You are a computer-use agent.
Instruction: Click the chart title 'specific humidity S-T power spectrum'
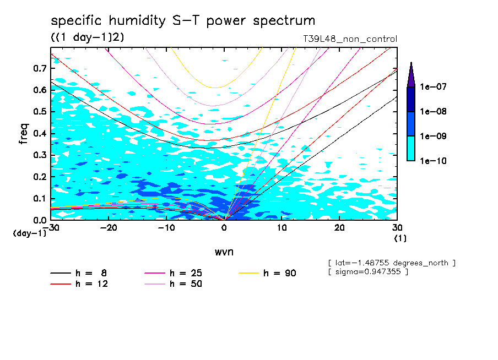point(183,21)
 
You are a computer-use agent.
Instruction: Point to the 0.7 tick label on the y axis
point(40,68)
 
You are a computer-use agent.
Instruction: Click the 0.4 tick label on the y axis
point(40,133)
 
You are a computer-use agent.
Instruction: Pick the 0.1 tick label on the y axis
point(40,198)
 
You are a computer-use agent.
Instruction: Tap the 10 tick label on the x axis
point(282,227)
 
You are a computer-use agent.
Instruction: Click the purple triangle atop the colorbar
point(411,74)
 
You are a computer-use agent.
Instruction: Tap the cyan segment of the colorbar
point(411,148)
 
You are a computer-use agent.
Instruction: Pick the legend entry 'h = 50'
point(186,284)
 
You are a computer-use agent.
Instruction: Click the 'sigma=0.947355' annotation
point(367,272)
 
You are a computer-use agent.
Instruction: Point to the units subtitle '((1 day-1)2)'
point(87,38)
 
